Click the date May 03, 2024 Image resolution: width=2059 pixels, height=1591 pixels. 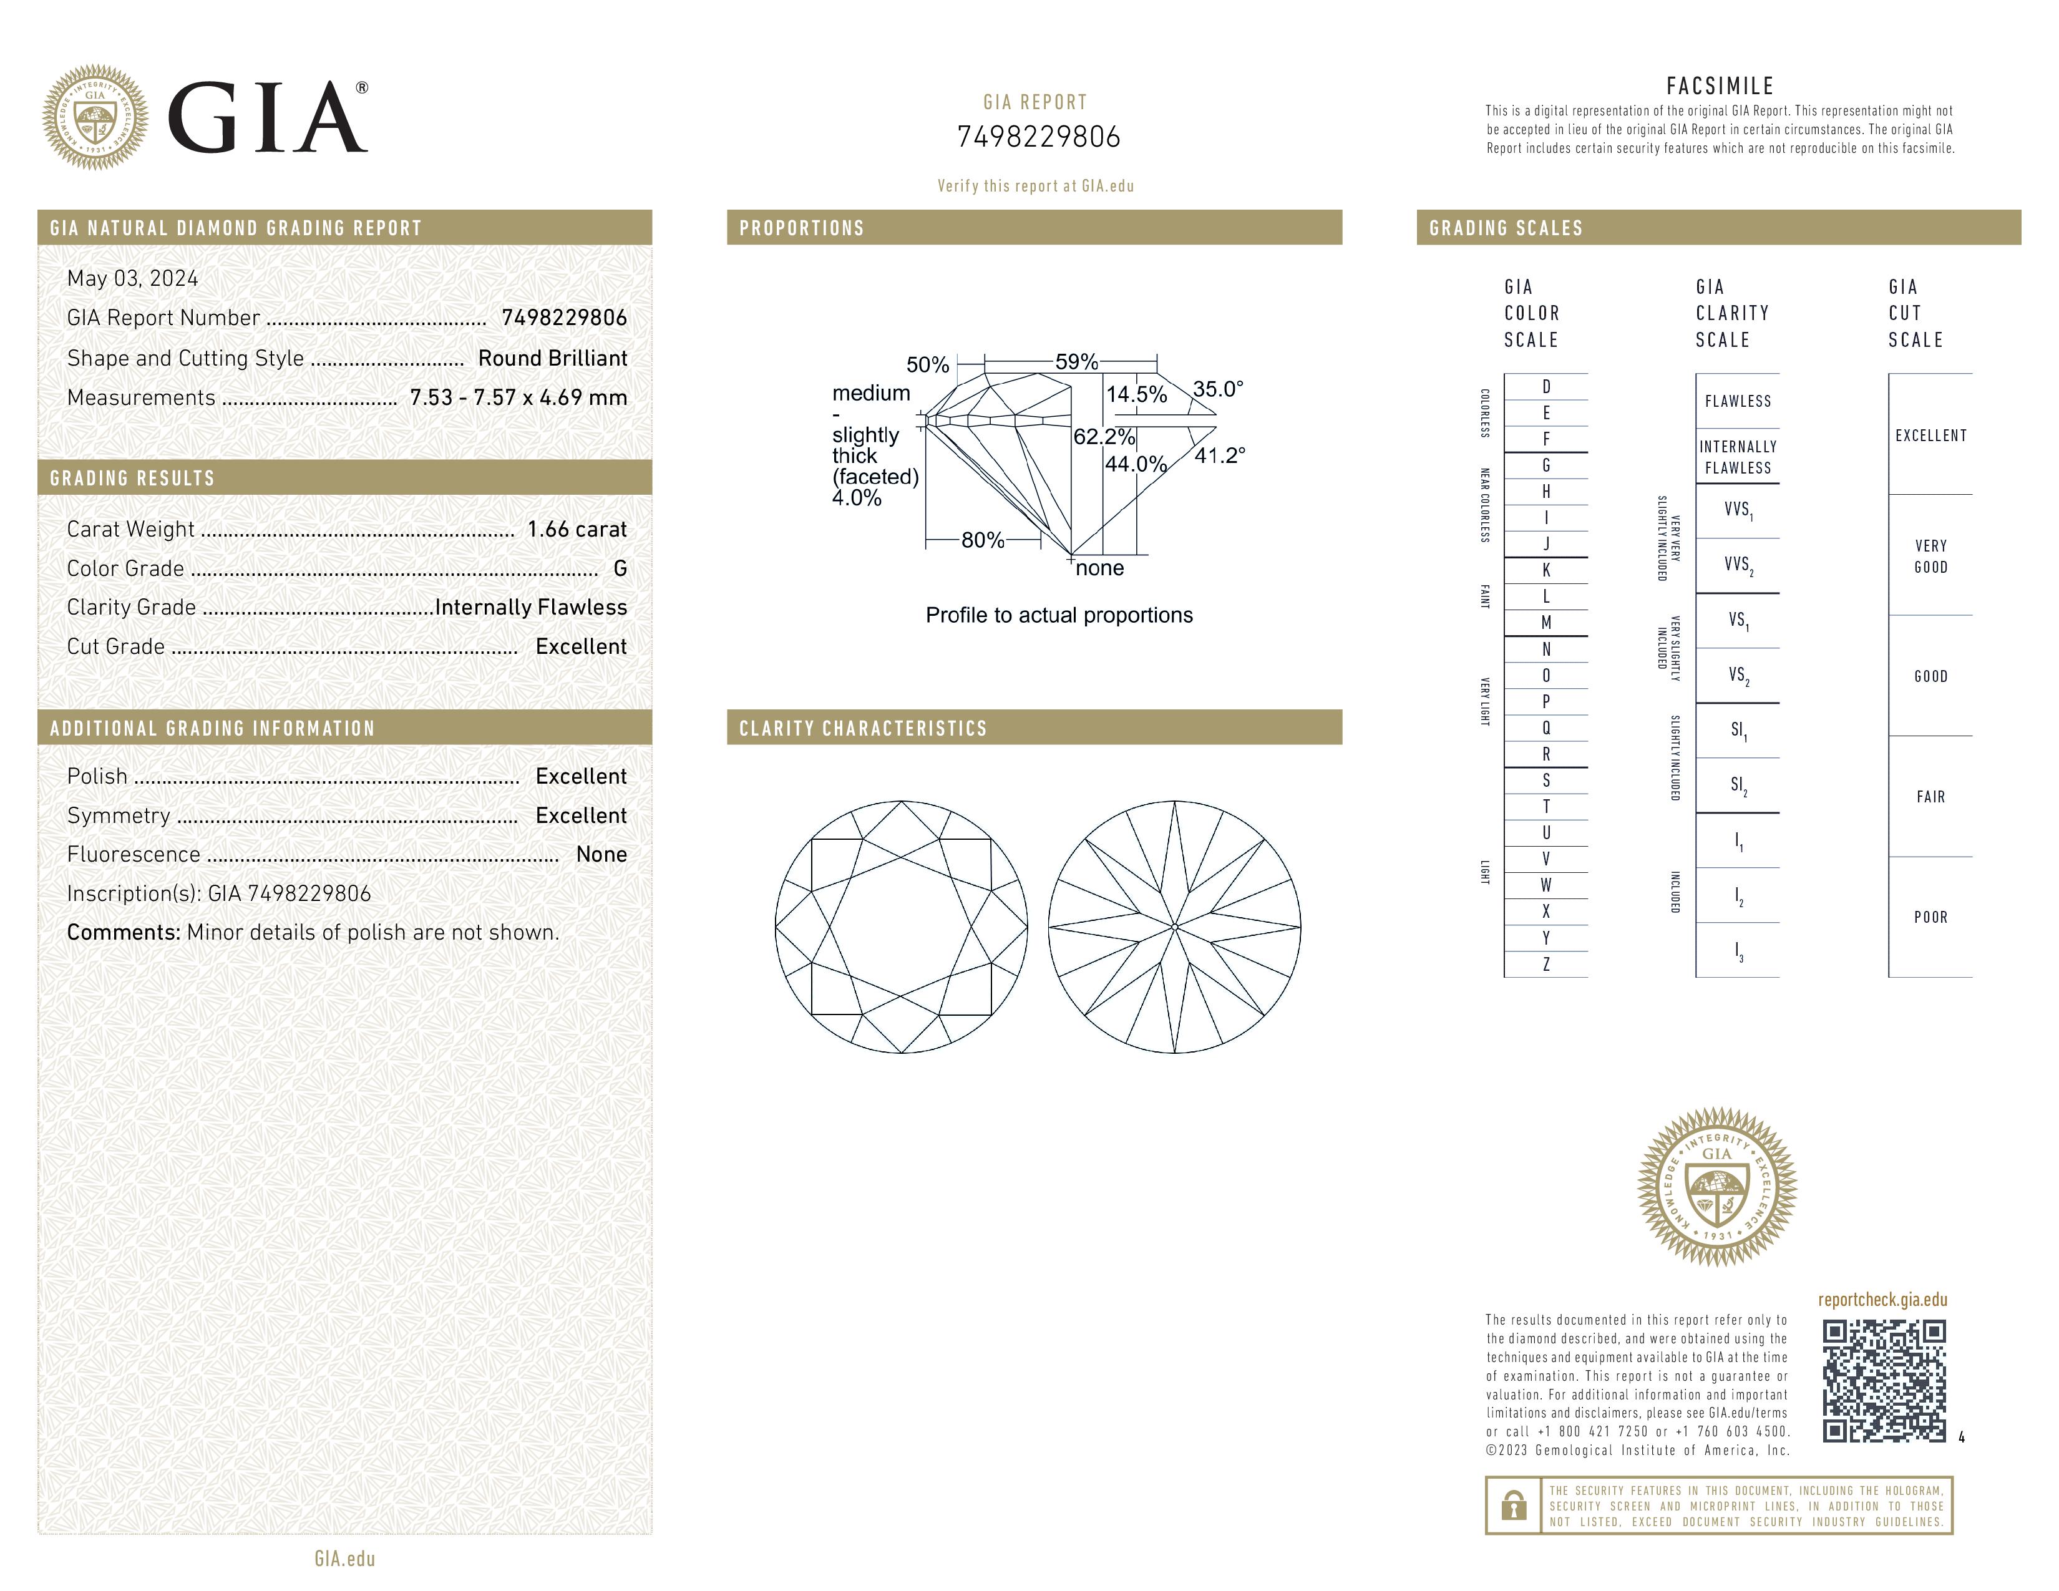tap(132, 279)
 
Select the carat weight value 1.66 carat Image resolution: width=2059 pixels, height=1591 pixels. tap(576, 530)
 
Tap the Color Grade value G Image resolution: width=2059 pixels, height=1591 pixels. tap(620, 568)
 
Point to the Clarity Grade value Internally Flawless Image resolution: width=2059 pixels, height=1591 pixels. tap(531, 608)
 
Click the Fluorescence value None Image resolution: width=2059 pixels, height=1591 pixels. tap(600, 855)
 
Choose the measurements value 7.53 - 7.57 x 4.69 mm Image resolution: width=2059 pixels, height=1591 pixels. tap(518, 398)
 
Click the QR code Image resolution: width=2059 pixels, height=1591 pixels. tap(1882, 1380)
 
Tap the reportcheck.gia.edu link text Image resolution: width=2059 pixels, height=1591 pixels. tap(1882, 1300)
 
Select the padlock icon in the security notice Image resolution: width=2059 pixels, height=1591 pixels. tap(1513, 1506)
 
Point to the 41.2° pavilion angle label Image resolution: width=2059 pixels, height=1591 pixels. tap(1220, 456)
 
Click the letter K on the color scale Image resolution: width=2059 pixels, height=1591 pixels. tap(1546, 570)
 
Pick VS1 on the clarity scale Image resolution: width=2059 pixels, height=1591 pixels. tap(1738, 620)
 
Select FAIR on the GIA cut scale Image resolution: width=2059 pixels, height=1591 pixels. tap(1930, 797)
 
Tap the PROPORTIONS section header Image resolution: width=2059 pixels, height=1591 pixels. tap(801, 228)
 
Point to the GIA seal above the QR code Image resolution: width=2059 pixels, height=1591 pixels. tap(1717, 1187)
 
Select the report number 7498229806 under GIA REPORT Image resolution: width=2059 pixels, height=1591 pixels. tap(1038, 138)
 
